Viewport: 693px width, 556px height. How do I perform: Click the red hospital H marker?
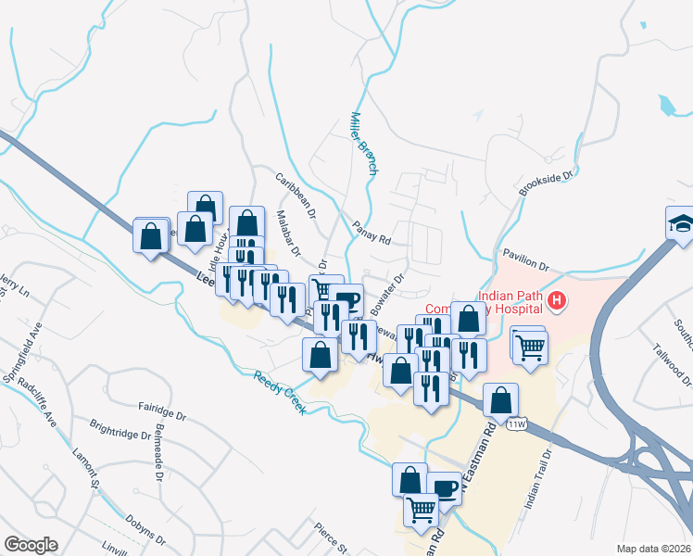[x=557, y=300]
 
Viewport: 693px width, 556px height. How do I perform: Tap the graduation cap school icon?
[x=680, y=223]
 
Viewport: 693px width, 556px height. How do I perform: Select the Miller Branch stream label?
[x=364, y=145]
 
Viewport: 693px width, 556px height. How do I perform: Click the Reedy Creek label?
[x=280, y=392]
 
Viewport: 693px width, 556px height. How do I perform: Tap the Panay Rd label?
[x=372, y=232]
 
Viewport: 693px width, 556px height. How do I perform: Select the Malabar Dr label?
[x=289, y=233]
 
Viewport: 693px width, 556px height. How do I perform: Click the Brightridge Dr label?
[x=120, y=434]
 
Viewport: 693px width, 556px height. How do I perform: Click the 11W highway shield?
[x=517, y=423]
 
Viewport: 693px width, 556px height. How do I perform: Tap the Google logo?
[x=31, y=545]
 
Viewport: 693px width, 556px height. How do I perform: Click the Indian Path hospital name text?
[x=508, y=297]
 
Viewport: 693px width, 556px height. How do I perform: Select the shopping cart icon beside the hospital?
[x=529, y=347]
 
